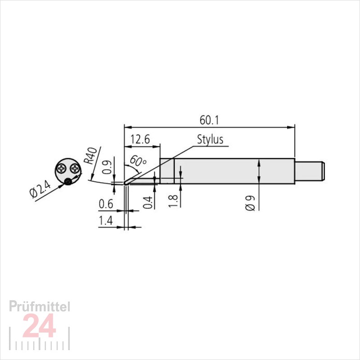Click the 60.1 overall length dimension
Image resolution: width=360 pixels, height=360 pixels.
coord(209,120)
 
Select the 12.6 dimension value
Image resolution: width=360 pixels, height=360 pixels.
coord(140,139)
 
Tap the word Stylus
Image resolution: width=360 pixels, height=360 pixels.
coord(210,139)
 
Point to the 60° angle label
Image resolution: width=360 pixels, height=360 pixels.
coord(138,161)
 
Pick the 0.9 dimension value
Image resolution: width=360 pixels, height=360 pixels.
coord(107,167)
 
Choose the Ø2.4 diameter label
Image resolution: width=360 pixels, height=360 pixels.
coord(40,189)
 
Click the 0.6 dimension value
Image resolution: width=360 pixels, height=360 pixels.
coord(106,204)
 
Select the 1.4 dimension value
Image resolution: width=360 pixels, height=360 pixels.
coord(106,220)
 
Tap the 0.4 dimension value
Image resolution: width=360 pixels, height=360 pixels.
coord(148,202)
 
